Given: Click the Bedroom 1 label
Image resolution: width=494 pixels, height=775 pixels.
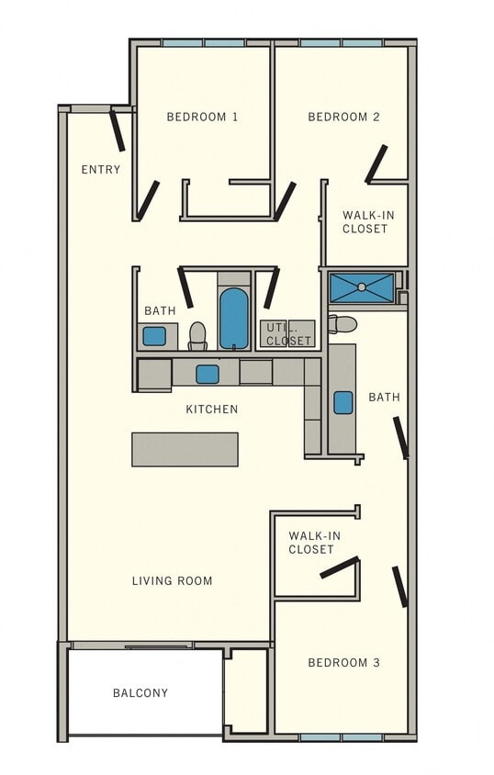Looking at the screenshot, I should [x=202, y=117].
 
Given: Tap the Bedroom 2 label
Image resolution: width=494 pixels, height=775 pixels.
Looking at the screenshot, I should [x=343, y=117].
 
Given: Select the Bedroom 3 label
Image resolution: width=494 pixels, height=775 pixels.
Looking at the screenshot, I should [x=343, y=662].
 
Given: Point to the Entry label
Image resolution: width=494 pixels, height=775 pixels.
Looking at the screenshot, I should [x=100, y=169].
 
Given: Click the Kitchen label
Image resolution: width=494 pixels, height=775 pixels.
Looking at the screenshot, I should [x=212, y=409].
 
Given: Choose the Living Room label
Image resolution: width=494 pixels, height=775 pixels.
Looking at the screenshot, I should [x=172, y=580].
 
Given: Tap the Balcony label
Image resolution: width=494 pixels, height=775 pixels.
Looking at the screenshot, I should [x=140, y=692].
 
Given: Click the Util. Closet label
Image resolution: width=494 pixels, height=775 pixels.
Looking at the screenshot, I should [x=288, y=333].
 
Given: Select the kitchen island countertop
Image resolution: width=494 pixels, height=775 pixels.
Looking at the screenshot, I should [x=185, y=449].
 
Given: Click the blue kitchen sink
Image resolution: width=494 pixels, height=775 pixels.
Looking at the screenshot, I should [x=208, y=374].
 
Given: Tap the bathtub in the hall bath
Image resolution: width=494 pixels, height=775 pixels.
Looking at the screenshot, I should [x=234, y=318].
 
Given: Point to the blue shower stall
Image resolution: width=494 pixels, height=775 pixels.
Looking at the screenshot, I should [x=362, y=287].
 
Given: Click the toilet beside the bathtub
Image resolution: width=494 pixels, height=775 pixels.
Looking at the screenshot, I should [x=197, y=335].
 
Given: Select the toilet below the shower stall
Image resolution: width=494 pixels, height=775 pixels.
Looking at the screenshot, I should [x=342, y=323].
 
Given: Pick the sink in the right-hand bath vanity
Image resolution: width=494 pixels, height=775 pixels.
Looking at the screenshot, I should [x=343, y=402].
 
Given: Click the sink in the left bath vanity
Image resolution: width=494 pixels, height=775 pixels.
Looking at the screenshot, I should [x=154, y=336].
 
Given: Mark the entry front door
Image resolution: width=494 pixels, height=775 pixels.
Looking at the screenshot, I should [x=118, y=130].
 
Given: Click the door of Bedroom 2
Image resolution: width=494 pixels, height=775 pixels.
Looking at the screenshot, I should [x=376, y=163].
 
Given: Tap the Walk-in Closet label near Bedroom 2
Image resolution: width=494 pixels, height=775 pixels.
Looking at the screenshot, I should [x=365, y=221].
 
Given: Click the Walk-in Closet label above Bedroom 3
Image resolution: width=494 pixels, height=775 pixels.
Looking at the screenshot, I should [x=311, y=542].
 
